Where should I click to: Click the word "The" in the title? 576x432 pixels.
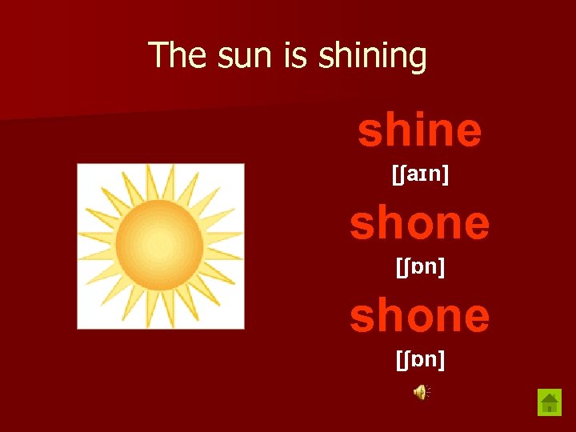click(177, 55)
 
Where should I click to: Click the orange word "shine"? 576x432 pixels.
click(419, 130)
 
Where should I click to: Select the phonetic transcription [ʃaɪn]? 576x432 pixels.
click(420, 176)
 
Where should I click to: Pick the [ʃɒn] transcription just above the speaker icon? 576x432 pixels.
click(420, 360)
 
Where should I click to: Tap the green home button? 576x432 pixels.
click(550, 401)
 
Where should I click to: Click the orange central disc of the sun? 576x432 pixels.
click(159, 244)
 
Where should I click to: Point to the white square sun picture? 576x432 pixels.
click(160, 246)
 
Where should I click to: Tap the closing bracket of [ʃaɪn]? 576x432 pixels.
click(445, 176)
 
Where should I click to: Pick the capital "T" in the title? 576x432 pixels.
click(158, 55)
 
